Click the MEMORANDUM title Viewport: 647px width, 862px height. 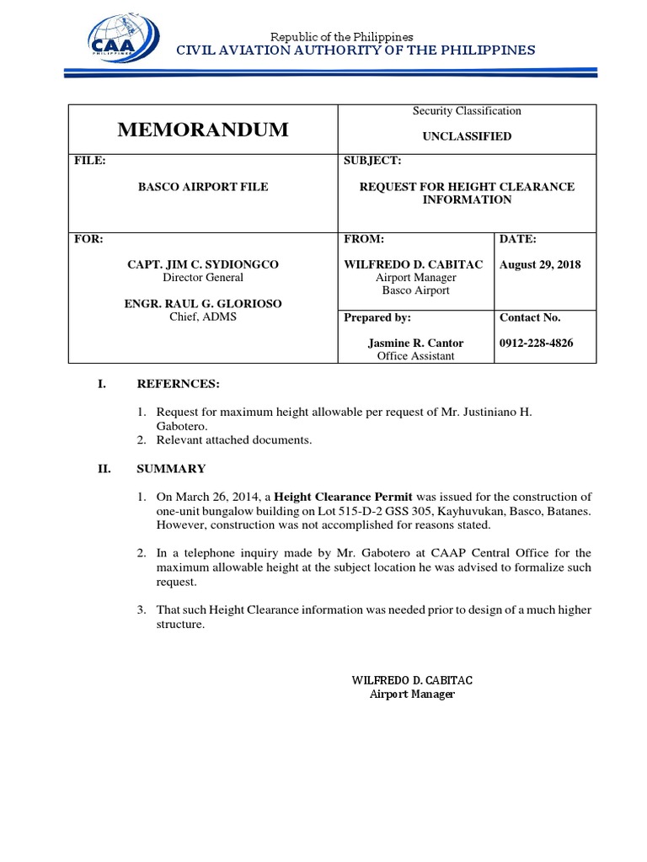click(x=202, y=130)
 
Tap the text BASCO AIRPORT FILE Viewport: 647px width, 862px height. click(x=203, y=187)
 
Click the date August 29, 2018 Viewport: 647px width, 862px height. click(x=541, y=264)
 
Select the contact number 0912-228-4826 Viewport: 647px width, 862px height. click(x=542, y=343)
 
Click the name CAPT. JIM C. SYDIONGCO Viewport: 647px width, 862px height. click(x=202, y=264)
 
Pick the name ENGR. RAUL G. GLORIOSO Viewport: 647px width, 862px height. click(x=203, y=303)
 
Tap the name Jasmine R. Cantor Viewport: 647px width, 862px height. click(x=415, y=343)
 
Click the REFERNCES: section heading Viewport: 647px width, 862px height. click(x=178, y=384)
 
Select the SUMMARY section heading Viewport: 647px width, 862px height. click(x=171, y=469)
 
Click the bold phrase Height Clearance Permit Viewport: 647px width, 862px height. click(x=343, y=496)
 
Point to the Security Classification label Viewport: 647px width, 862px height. click(x=466, y=111)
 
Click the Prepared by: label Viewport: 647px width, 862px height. click(x=377, y=317)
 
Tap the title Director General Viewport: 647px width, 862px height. click(x=202, y=277)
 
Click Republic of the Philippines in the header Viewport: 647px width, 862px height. click(x=340, y=36)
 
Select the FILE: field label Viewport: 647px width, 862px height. click(x=90, y=161)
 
